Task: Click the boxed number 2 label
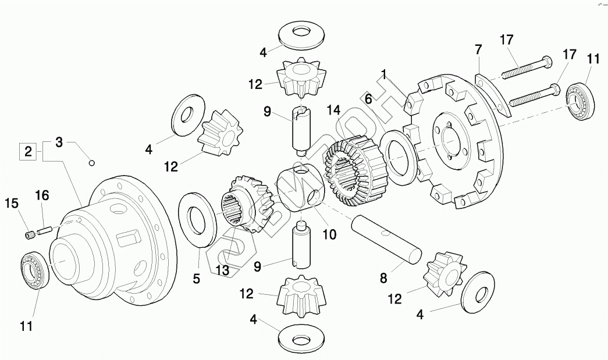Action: click(x=29, y=152)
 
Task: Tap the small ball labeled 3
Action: click(x=91, y=163)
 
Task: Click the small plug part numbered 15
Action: click(x=29, y=235)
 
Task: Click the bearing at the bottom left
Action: click(x=34, y=269)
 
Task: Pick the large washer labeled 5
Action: click(x=197, y=219)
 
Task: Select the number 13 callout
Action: click(x=222, y=270)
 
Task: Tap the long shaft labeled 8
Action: click(x=386, y=240)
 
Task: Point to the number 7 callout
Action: click(x=478, y=49)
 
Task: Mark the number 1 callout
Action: click(x=384, y=74)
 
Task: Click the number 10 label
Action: click(x=329, y=234)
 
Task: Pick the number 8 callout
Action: click(x=383, y=278)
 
